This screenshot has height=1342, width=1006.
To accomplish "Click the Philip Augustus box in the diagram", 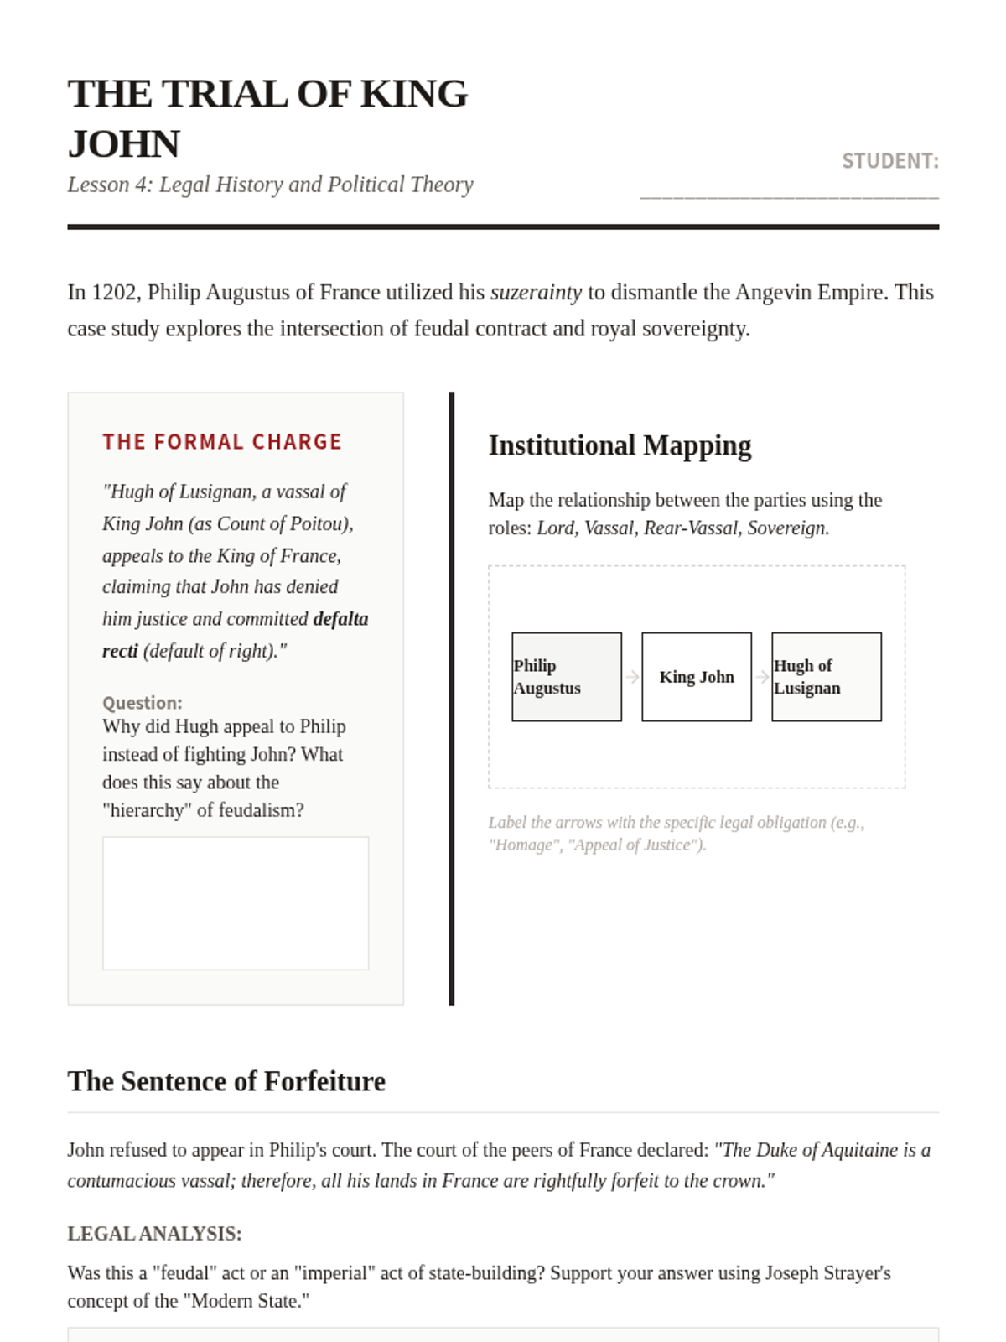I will (567, 677).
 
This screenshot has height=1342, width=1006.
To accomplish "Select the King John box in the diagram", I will (697, 677).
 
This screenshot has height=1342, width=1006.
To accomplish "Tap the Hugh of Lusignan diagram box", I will (827, 677).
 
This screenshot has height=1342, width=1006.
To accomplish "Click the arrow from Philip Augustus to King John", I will (632, 677).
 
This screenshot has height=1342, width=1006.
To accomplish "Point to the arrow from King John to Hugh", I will (762, 677).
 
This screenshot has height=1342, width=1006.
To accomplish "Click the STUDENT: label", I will (889, 161).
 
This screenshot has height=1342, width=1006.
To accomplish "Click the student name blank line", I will (789, 193).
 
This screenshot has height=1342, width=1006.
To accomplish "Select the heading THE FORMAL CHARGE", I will (222, 442).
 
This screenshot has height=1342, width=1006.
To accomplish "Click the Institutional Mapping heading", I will (620, 445).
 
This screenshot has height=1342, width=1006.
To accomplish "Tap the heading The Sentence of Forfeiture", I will (226, 1081).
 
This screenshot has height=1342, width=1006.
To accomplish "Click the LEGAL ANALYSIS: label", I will (154, 1234).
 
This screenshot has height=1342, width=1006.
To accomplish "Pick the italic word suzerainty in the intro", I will (536, 293).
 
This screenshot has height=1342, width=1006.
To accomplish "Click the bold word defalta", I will (340, 619).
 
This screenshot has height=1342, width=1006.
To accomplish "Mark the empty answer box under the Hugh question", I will (236, 903).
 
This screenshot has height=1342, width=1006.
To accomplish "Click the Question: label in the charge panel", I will (142, 703).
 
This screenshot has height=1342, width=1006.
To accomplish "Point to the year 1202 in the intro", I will (115, 293).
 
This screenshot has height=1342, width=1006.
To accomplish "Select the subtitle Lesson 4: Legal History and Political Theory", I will (270, 185).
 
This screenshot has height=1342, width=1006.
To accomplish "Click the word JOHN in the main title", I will (124, 144).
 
